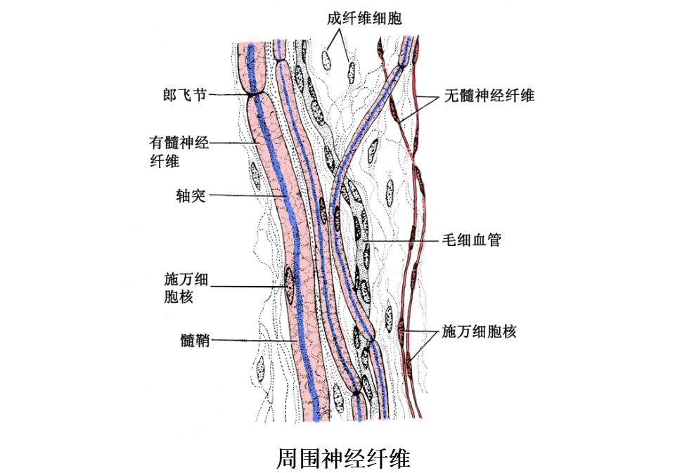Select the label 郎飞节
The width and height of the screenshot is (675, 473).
pos(185,94)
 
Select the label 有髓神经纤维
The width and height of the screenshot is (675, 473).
pos(179,151)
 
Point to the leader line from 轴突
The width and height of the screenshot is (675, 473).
pos(247,195)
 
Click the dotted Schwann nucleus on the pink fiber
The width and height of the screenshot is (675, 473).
pos(289,287)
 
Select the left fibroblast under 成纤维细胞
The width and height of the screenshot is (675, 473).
pos(328,60)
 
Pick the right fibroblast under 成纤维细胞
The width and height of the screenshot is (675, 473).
pos(351,70)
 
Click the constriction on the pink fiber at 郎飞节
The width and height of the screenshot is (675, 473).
pos(254,93)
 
